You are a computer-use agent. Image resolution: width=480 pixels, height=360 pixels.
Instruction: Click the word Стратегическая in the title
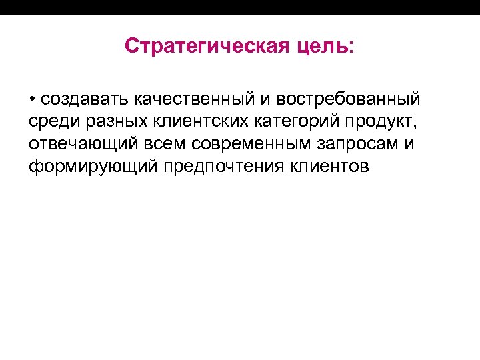pyautogui.click(x=207, y=47)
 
